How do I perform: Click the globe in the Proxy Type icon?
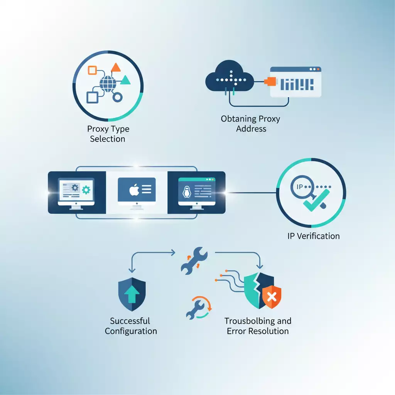[107, 83]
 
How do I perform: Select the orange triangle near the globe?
[116, 68]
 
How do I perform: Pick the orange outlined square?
[92, 70]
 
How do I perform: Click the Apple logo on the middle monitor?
[133, 189]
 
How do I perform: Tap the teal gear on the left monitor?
[86, 190]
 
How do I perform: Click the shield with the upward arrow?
[132, 294]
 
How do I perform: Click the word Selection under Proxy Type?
[108, 139]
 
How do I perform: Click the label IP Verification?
[314, 236]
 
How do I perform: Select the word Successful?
[130, 321]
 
